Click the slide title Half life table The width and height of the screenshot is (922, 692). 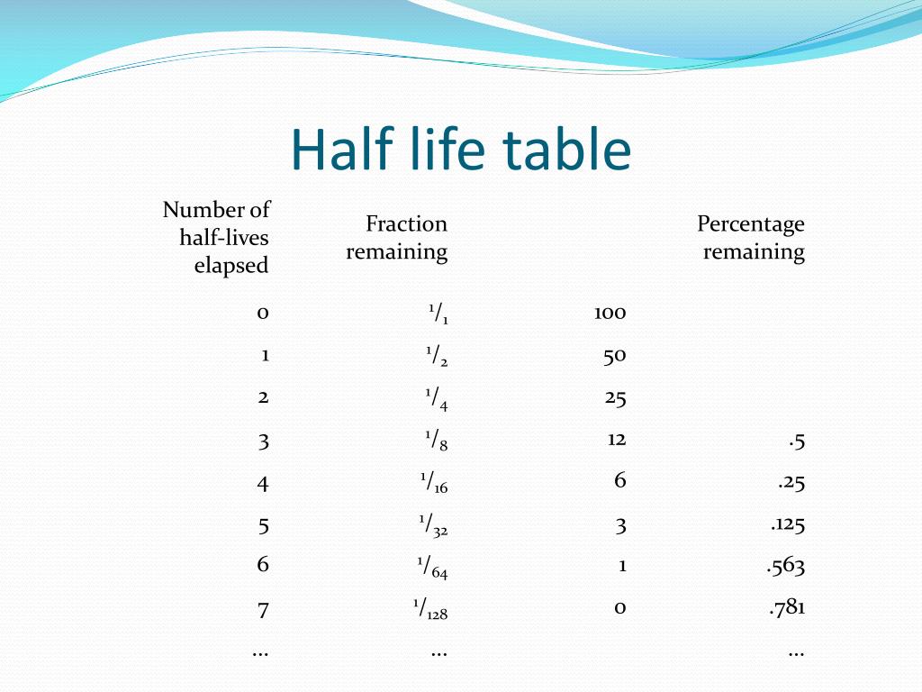[461, 149]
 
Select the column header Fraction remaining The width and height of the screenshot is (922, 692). [397, 238]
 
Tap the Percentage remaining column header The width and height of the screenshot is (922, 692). [751, 238]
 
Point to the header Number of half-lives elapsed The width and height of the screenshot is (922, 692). [216, 237]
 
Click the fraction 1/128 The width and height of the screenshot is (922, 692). [430, 609]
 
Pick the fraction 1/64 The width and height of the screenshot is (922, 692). [433, 568]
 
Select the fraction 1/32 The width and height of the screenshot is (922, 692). [433, 525]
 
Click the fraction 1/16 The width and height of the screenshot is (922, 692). [434, 483]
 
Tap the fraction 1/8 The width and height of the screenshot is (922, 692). [437, 440]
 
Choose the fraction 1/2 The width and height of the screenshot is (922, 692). [437, 356]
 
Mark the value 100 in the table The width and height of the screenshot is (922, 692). [610, 313]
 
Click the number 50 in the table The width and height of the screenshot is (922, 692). [614, 356]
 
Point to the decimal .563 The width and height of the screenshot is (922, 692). [785, 566]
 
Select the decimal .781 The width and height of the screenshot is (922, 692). [787, 607]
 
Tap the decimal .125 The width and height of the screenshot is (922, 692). [787, 524]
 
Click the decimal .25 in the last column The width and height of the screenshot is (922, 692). [791, 483]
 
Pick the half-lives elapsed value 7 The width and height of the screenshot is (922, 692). [263, 610]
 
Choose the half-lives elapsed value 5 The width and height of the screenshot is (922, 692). [264, 525]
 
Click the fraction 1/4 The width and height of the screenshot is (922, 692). [437, 399]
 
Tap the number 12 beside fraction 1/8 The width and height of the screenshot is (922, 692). [616, 440]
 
